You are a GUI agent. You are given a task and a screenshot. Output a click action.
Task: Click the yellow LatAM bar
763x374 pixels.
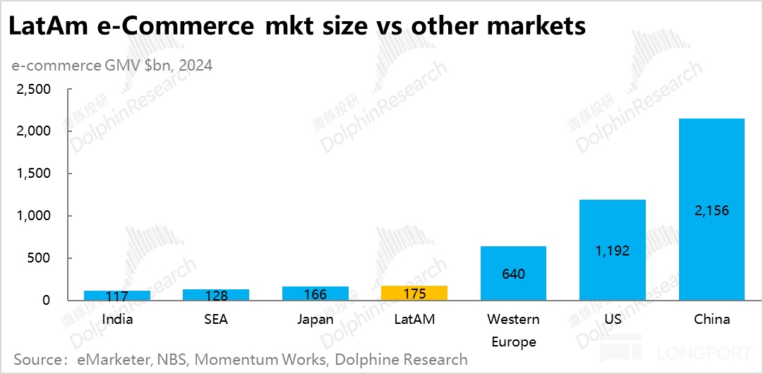(414, 293)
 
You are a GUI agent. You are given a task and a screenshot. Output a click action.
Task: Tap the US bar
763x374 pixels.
(612, 250)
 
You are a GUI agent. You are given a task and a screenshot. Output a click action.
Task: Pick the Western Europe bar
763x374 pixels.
(513, 273)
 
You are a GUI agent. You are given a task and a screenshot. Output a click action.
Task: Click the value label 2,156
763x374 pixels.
(711, 210)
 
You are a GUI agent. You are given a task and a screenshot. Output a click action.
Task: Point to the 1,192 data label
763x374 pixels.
(612, 251)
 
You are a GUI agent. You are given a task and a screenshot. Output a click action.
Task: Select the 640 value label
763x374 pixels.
(513, 273)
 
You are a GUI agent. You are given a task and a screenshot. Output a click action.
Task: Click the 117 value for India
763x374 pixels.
(117, 297)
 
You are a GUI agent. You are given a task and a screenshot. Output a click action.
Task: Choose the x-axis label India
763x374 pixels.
(117, 319)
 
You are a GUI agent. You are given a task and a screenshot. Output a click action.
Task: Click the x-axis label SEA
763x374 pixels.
(216, 319)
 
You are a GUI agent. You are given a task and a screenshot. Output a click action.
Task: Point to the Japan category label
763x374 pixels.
(315, 319)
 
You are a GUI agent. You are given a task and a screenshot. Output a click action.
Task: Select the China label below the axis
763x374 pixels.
(711, 319)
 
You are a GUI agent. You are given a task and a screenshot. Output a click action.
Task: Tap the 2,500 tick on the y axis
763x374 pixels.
(33, 90)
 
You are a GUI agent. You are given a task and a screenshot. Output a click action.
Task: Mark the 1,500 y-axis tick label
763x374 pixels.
(33, 174)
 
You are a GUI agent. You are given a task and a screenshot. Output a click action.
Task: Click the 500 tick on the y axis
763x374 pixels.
(40, 258)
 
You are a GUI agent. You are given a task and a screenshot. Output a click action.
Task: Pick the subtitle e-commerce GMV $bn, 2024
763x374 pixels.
(112, 66)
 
